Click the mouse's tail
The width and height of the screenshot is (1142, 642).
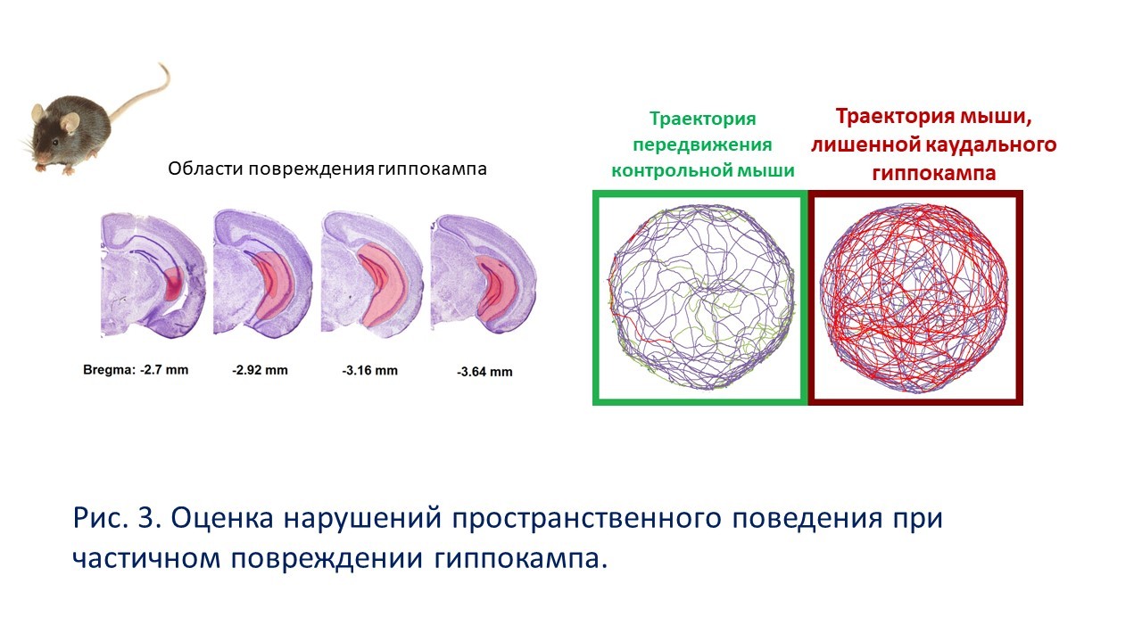point(148,95)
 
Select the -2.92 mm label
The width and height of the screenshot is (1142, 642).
point(260,370)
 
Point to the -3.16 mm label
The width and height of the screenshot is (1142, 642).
point(369,371)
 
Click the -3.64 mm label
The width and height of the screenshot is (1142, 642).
point(484,373)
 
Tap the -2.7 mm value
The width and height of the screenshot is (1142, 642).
point(164,370)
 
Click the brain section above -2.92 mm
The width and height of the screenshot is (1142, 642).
point(262,274)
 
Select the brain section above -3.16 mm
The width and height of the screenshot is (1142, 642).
point(372,274)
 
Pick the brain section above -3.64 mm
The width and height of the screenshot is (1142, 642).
point(484,274)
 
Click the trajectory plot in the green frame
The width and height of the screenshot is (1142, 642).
point(701,297)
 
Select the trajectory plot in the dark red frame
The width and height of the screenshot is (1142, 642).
point(914,298)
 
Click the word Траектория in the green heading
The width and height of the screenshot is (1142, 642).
point(702,119)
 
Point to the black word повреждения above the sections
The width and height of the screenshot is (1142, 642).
point(311,169)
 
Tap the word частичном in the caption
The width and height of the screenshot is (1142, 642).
point(146,559)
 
